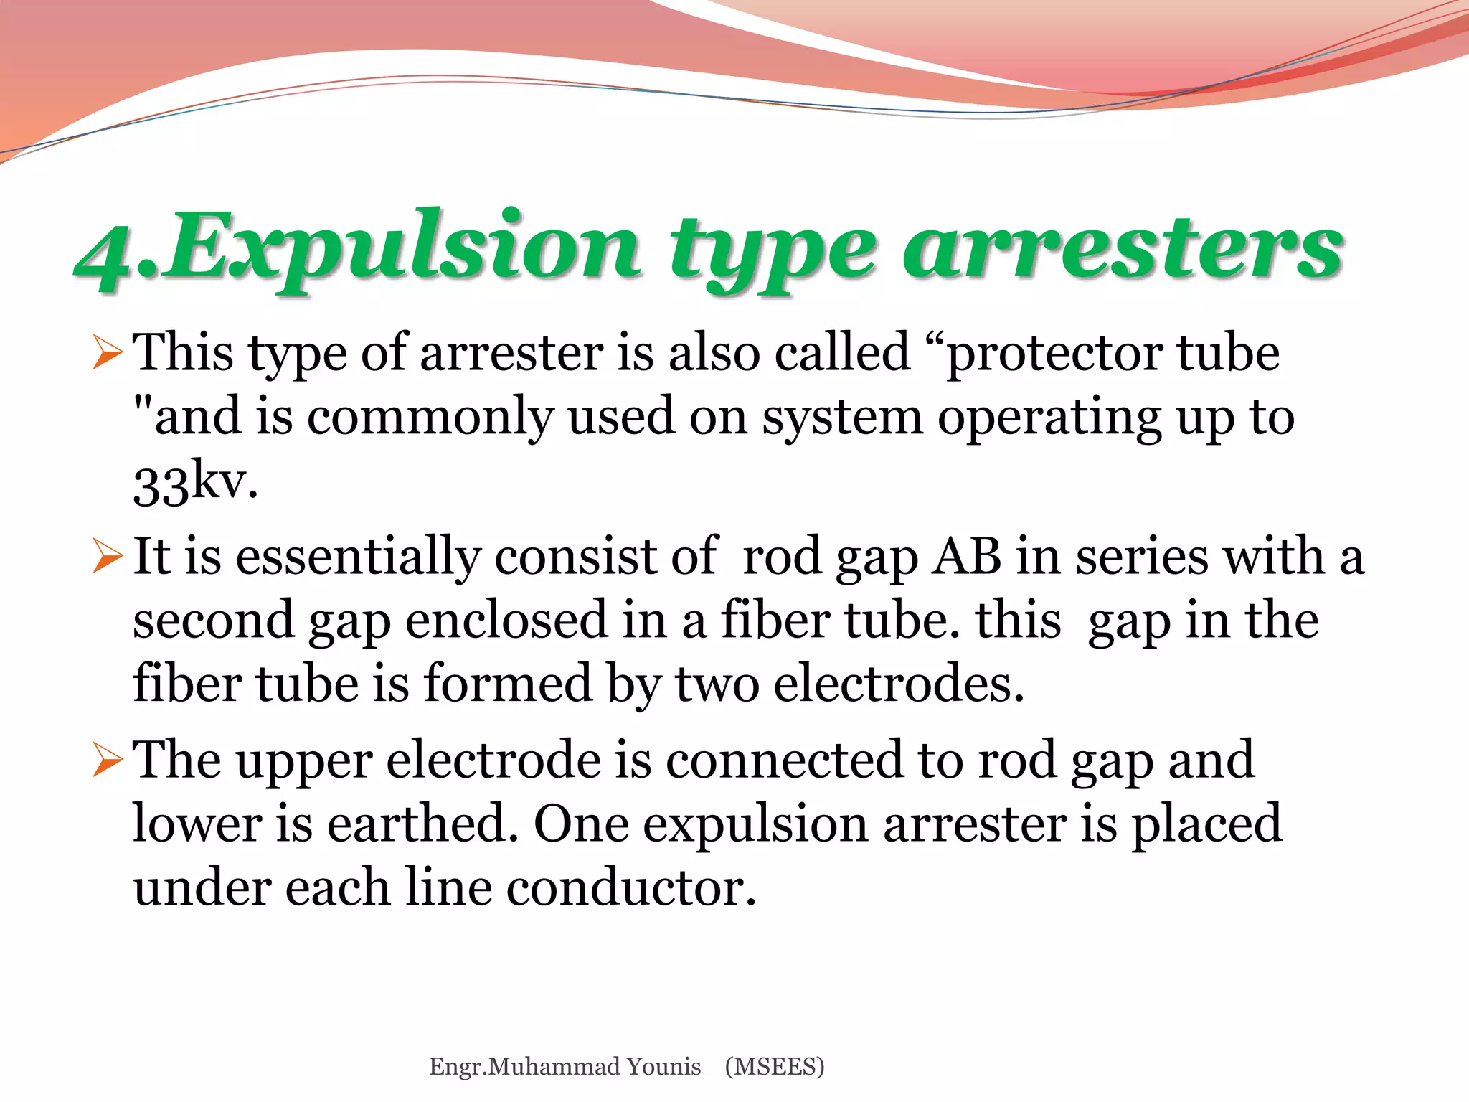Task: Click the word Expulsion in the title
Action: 402,248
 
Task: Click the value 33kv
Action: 194,482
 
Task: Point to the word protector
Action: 1054,354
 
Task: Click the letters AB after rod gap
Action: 965,557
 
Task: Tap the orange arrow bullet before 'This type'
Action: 107,354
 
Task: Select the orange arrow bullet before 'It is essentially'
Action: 107,557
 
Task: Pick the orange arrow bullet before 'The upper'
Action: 107,760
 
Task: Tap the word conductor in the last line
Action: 630,887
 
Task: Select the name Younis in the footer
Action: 663,1067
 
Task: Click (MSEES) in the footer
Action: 775,1067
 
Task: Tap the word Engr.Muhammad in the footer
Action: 524,1067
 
